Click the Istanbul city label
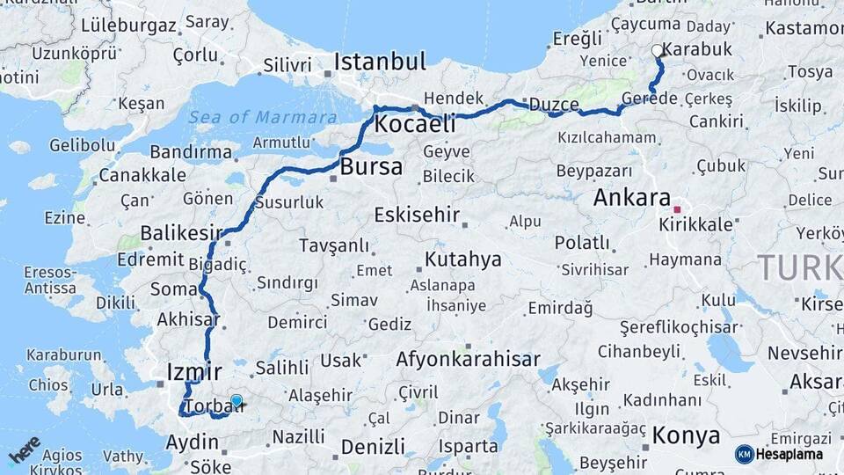(x=379, y=62)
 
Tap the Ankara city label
(x=631, y=197)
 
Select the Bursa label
(x=371, y=167)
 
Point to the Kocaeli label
(x=415, y=124)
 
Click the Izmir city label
(x=193, y=372)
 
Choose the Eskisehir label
(x=417, y=215)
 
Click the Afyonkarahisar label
(x=468, y=359)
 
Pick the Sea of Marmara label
(x=262, y=117)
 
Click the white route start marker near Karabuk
(x=657, y=51)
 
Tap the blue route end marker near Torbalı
(x=236, y=401)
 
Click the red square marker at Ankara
(x=677, y=210)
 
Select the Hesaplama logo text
(x=789, y=454)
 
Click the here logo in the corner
(x=25, y=450)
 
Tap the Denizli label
(x=373, y=446)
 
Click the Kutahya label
(x=462, y=259)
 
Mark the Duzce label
(x=553, y=105)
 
